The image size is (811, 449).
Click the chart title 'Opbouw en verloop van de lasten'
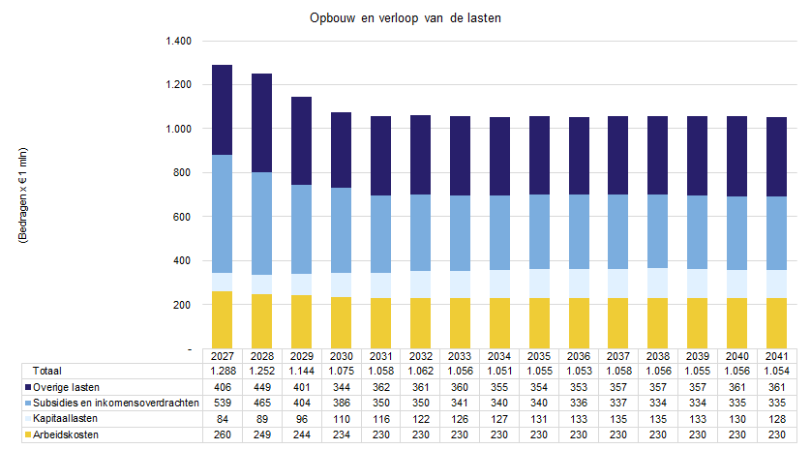[x=405, y=18]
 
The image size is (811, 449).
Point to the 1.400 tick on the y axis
[x=178, y=41]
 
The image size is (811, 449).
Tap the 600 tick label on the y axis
[x=182, y=217]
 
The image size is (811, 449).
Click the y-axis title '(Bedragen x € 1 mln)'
[x=23, y=195]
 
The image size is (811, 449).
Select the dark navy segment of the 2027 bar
[x=223, y=110]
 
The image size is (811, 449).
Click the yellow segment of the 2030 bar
[x=342, y=323]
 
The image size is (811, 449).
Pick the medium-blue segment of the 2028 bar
[x=261, y=224]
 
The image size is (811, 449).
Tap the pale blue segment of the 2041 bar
[x=776, y=284]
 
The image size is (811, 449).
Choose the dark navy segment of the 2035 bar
[x=539, y=156]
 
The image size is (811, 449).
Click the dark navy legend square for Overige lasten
[x=28, y=387]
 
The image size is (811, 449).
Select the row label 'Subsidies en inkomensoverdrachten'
[x=116, y=403]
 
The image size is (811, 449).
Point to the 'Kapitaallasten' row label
[x=65, y=418]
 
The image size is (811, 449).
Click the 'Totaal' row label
[x=47, y=371]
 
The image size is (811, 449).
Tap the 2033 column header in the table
[x=460, y=356]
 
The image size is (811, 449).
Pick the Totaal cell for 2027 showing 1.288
[x=223, y=371]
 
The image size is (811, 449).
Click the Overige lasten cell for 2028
[x=262, y=387]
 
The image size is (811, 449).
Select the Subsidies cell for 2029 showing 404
[x=302, y=403]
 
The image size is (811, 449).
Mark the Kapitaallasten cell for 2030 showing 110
[x=342, y=419]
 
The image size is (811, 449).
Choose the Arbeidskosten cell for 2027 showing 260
[x=223, y=435]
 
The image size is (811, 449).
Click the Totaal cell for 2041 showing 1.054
[x=777, y=371]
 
